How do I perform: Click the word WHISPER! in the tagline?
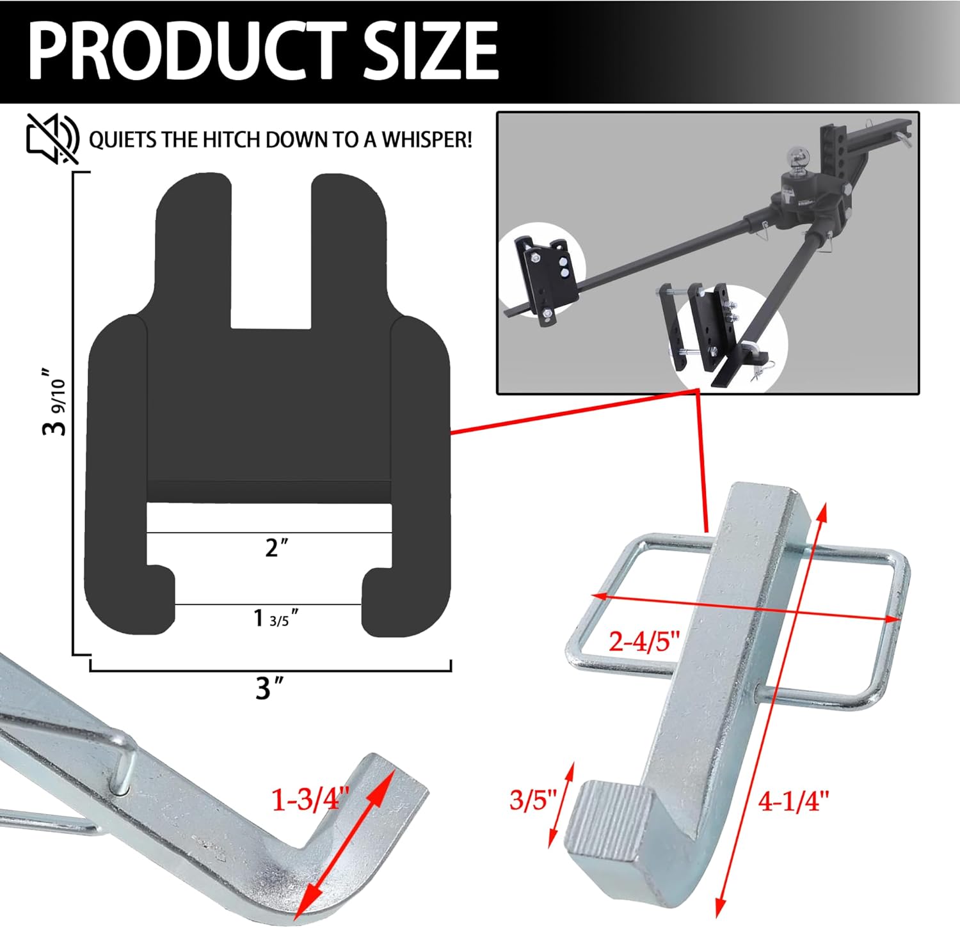pyautogui.click(x=427, y=139)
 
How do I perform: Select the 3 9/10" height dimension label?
pyautogui.click(x=54, y=402)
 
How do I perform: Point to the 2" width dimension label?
pyautogui.click(x=276, y=547)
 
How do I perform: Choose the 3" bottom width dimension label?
pyautogui.click(x=269, y=689)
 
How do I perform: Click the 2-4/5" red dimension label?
pyautogui.click(x=643, y=640)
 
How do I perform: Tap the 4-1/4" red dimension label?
pyautogui.click(x=793, y=801)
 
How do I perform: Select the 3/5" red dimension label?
pyautogui.click(x=533, y=799)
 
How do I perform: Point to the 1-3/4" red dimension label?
pyautogui.click(x=311, y=799)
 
